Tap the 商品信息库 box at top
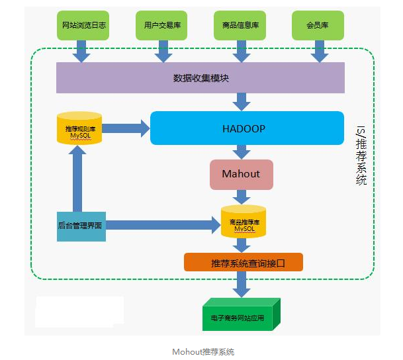click(x=241, y=26)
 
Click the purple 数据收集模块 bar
click(x=201, y=78)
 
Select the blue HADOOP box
click(x=247, y=128)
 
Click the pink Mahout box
click(x=242, y=175)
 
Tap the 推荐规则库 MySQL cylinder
click(x=79, y=128)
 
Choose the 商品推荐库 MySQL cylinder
click(x=243, y=222)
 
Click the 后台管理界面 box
click(x=81, y=226)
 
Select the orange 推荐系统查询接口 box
click(x=243, y=263)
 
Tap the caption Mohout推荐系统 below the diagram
click(x=202, y=351)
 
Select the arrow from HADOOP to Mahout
click(x=242, y=152)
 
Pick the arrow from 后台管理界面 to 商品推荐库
click(x=162, y=226)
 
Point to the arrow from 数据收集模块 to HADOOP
click(x=242, y=101)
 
